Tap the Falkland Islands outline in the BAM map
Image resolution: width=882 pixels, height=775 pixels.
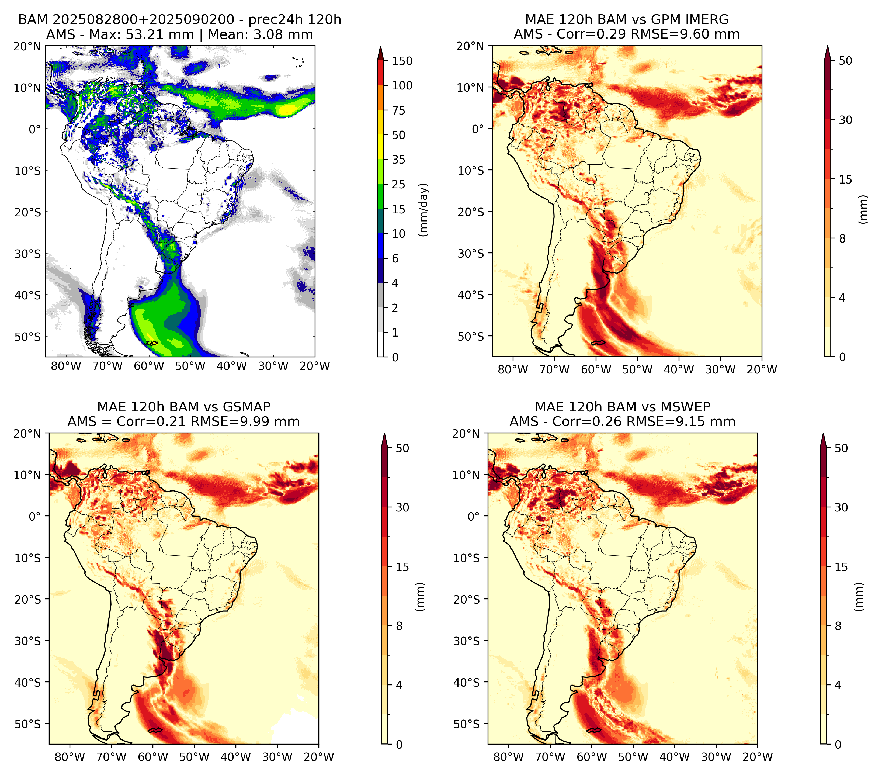pos(152,343)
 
